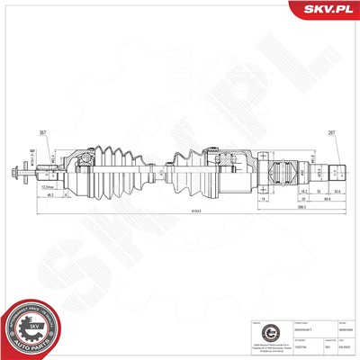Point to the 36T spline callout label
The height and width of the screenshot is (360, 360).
click(41, 132)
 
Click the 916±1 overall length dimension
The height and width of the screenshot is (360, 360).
click(170, 210)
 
